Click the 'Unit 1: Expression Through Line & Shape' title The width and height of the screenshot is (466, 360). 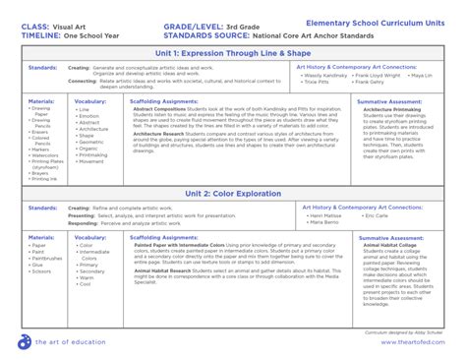click(233, 51)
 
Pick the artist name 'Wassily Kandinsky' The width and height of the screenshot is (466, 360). click(327, 74)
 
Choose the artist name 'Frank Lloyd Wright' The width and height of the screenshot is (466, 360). click(379, 74)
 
